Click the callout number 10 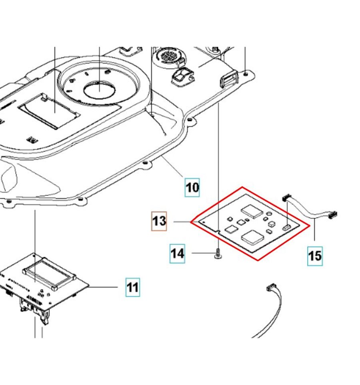tap(192, 187)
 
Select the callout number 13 tap(159, 221)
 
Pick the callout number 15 tap(315, 255)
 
